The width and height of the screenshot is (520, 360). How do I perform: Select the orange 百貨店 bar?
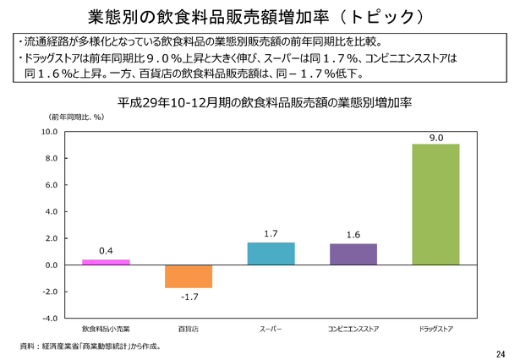tap(188, 276)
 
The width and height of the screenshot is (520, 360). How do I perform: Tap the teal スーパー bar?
tap(271, 254)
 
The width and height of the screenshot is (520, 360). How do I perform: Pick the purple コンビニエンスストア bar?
tap(353, 254)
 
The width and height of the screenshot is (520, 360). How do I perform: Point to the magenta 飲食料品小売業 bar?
tap(106, 262)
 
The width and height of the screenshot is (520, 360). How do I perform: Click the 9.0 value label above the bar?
tap(435, 136)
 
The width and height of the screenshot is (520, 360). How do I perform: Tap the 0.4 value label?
tap(106, 250)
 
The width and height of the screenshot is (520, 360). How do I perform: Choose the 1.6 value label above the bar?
tap(353, 234)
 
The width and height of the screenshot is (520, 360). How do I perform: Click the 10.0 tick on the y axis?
tap(49, 133)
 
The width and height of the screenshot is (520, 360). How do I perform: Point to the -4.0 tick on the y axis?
tap(49, 319)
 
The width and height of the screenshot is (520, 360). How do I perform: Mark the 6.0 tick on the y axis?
tap(50, 185)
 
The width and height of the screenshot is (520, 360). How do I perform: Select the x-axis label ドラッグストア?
tap(435, 327)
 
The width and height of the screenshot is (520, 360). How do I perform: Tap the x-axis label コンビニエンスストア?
tap(353, 327)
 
